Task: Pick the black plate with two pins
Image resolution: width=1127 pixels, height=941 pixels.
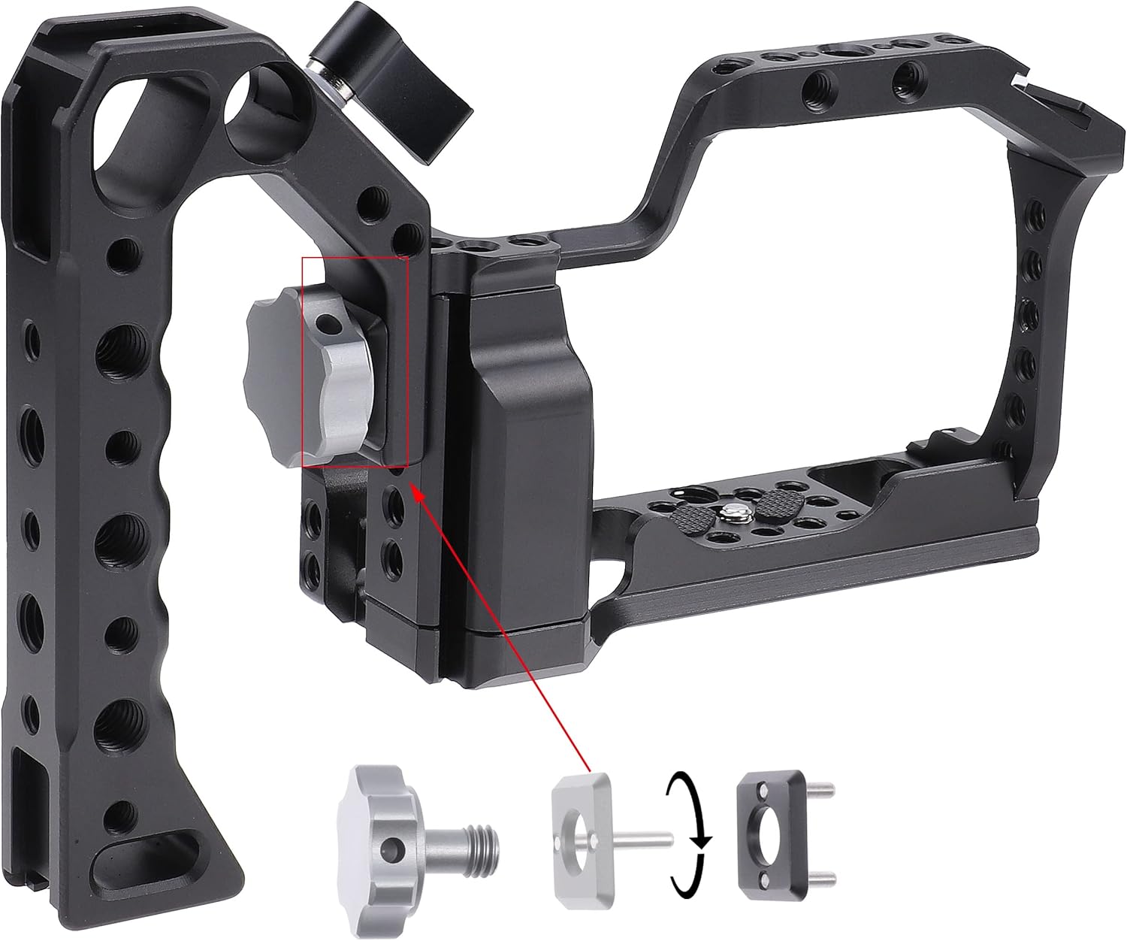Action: (x=766, y=834)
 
